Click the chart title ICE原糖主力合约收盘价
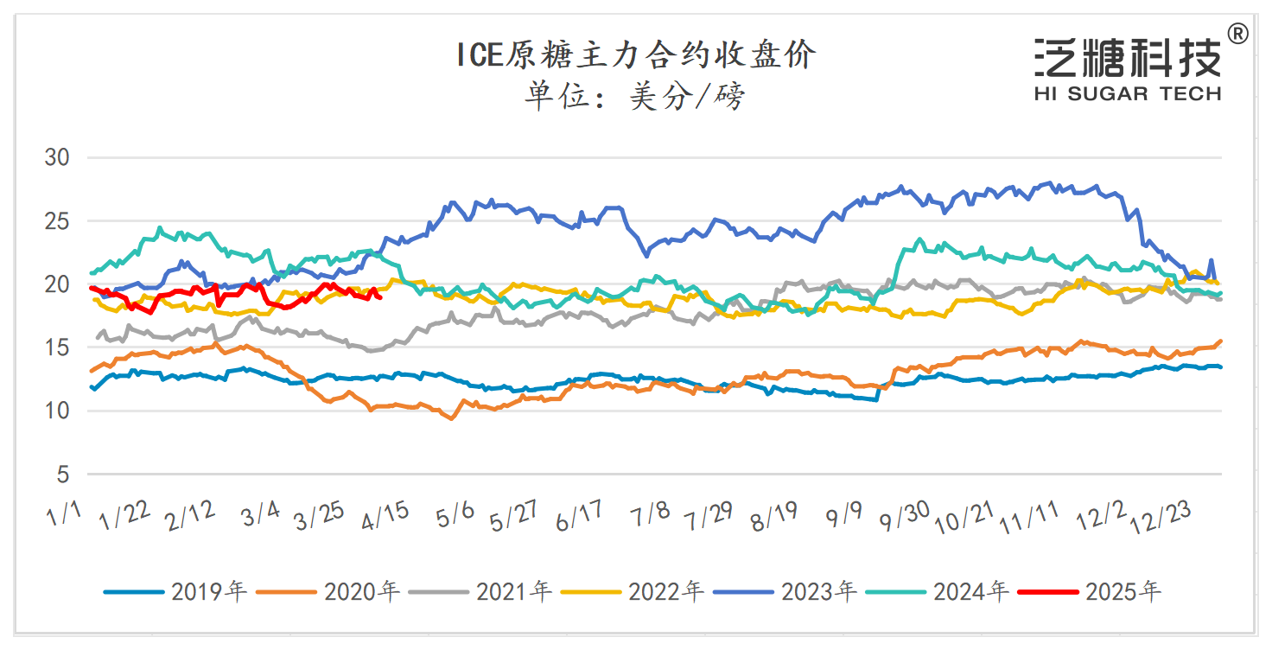636,56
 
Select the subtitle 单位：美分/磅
635,96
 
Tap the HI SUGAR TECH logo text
1128,93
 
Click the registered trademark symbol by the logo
1237,35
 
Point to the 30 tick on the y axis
57,158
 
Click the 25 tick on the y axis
57,221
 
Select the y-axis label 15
57,347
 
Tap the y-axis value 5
63,475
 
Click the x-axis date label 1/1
64,516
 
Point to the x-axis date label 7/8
651,516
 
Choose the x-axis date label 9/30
904,517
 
